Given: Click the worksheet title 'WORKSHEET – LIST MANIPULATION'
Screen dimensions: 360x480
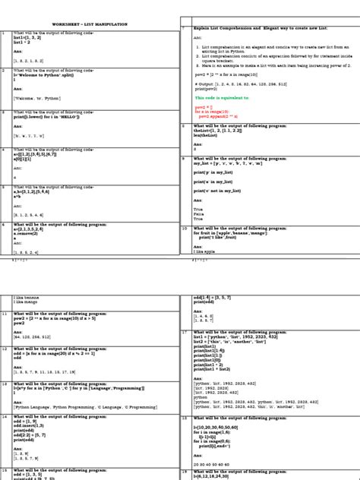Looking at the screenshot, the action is (x=90, y=25).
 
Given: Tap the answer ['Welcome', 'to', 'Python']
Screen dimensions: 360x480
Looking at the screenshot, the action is (x=38, y=98).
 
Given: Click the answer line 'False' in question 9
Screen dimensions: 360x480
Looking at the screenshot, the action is (x=198, y=214).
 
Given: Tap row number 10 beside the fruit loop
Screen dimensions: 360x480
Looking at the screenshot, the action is (x=184, y=227).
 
